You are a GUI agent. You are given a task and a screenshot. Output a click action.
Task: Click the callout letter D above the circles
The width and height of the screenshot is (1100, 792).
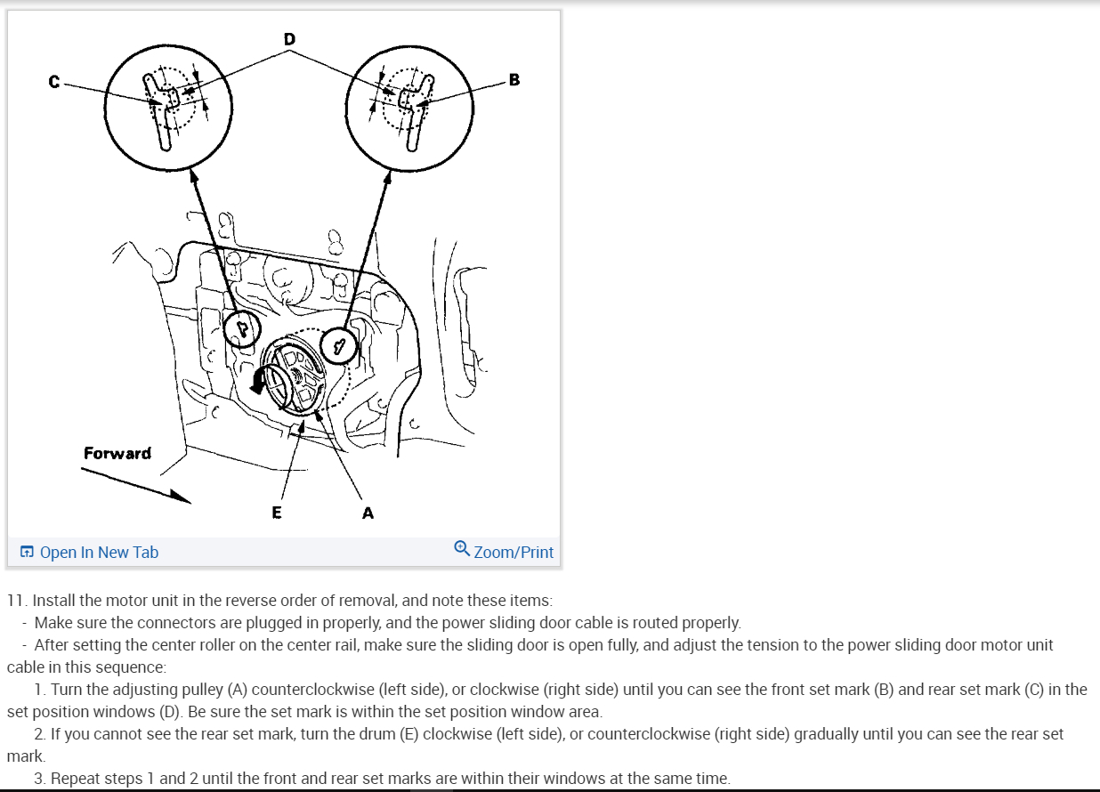pos(289,39)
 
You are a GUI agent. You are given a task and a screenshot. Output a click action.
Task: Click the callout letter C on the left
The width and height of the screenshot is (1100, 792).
pos(54,82)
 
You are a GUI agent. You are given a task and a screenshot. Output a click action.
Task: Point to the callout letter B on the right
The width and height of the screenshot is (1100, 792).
pos(514,79)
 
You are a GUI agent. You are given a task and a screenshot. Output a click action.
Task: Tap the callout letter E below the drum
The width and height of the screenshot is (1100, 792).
pos(277,513)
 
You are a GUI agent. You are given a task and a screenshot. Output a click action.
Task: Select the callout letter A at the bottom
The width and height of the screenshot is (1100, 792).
pos(368,513)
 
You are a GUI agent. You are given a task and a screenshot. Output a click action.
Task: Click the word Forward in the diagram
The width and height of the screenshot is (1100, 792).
pos(117,453)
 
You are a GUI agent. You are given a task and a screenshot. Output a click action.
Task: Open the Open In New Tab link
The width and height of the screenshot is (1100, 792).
pos(99,553)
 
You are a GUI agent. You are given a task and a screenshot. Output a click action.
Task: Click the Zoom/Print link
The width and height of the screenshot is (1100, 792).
pos(514,553)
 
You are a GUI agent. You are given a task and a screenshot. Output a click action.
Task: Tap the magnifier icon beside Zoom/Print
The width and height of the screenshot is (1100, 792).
pos(462,548)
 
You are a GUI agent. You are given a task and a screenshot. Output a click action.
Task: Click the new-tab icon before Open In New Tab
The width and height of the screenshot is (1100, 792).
pos(27,552)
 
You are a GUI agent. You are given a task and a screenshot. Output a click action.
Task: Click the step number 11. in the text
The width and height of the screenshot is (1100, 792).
pos(16,601)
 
